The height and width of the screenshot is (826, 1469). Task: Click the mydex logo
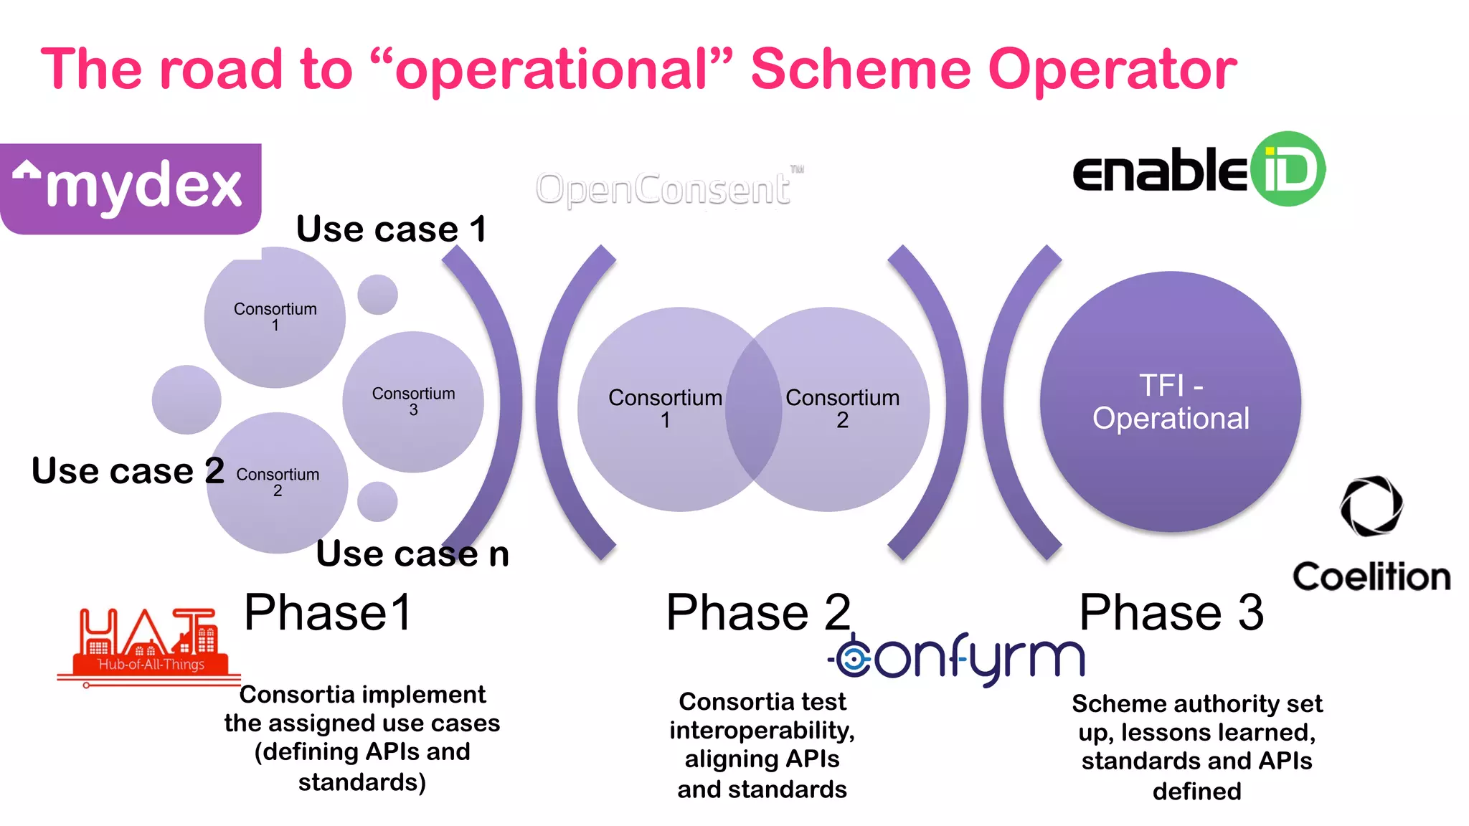(131, 188)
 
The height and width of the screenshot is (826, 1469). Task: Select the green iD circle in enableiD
(1288, 169)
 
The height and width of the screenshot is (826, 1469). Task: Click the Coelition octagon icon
(1371, 506)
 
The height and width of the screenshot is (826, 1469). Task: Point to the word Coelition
(1371, 576)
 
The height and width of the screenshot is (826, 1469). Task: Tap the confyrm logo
(958, 658)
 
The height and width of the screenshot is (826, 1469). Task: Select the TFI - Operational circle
(1171, 402)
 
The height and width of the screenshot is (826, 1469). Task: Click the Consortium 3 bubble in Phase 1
(413, 402)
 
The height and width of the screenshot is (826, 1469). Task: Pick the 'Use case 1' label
(392, 229)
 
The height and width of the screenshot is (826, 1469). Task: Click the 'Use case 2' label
(128, 471)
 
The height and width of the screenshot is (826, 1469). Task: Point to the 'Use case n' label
(412, 554)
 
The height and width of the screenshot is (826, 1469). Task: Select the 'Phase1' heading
(328, 612)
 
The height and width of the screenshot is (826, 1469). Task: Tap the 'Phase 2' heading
(758, 612)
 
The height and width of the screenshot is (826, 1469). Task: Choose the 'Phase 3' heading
(1171, 612)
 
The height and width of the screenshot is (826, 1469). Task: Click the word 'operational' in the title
(552, 70)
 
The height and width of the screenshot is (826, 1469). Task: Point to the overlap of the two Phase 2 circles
(753, 409)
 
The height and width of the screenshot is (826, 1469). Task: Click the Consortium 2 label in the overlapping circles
(842, 408)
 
